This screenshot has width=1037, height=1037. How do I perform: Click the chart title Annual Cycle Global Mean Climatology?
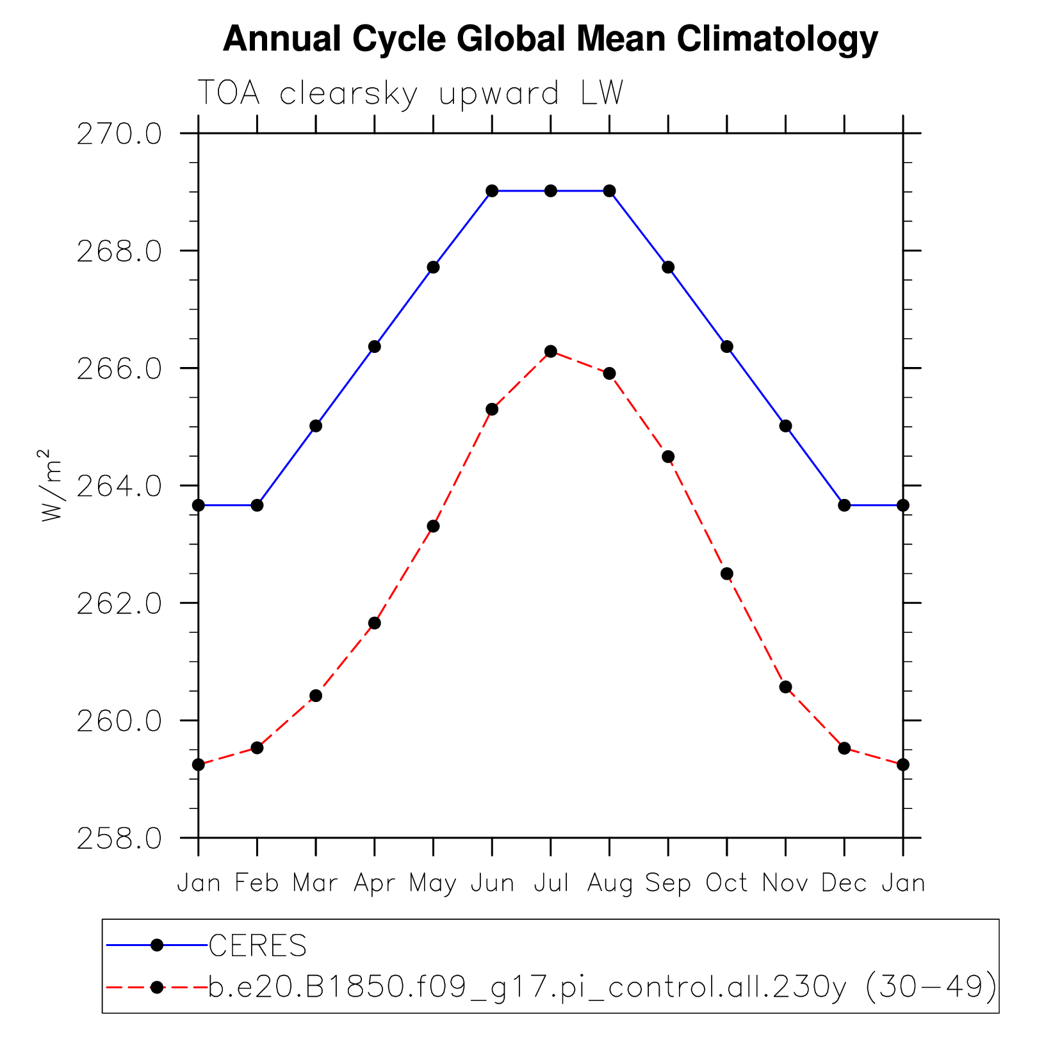[x=550, y=39]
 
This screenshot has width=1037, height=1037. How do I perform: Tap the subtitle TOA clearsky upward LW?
[x=410, y=94]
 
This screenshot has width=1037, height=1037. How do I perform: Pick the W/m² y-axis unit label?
[x=51, y=485]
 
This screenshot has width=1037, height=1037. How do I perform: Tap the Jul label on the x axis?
[x=551, y=883]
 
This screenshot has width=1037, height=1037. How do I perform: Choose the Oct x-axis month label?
[x=727, y=883]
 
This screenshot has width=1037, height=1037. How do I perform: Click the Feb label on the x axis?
[x=257, y=883]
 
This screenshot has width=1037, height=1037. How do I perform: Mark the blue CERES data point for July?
[x=551, y=191]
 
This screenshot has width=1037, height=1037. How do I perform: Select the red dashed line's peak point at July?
[x=551, y=351]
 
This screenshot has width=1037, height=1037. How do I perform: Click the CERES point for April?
[x=375, y=347]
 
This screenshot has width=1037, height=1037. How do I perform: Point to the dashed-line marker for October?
[x=727, y=573]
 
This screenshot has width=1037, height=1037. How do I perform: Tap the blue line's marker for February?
[x=257, y=505]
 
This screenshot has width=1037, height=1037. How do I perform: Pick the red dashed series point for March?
[x=316, y=696]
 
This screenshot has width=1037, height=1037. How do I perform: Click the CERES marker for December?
[x=844, y=505]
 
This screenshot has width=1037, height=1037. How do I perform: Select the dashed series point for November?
[x=786, y=687]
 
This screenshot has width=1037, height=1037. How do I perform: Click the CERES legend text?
[x=258, y=946]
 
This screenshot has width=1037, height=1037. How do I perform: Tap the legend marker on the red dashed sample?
[x=157, y=987]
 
